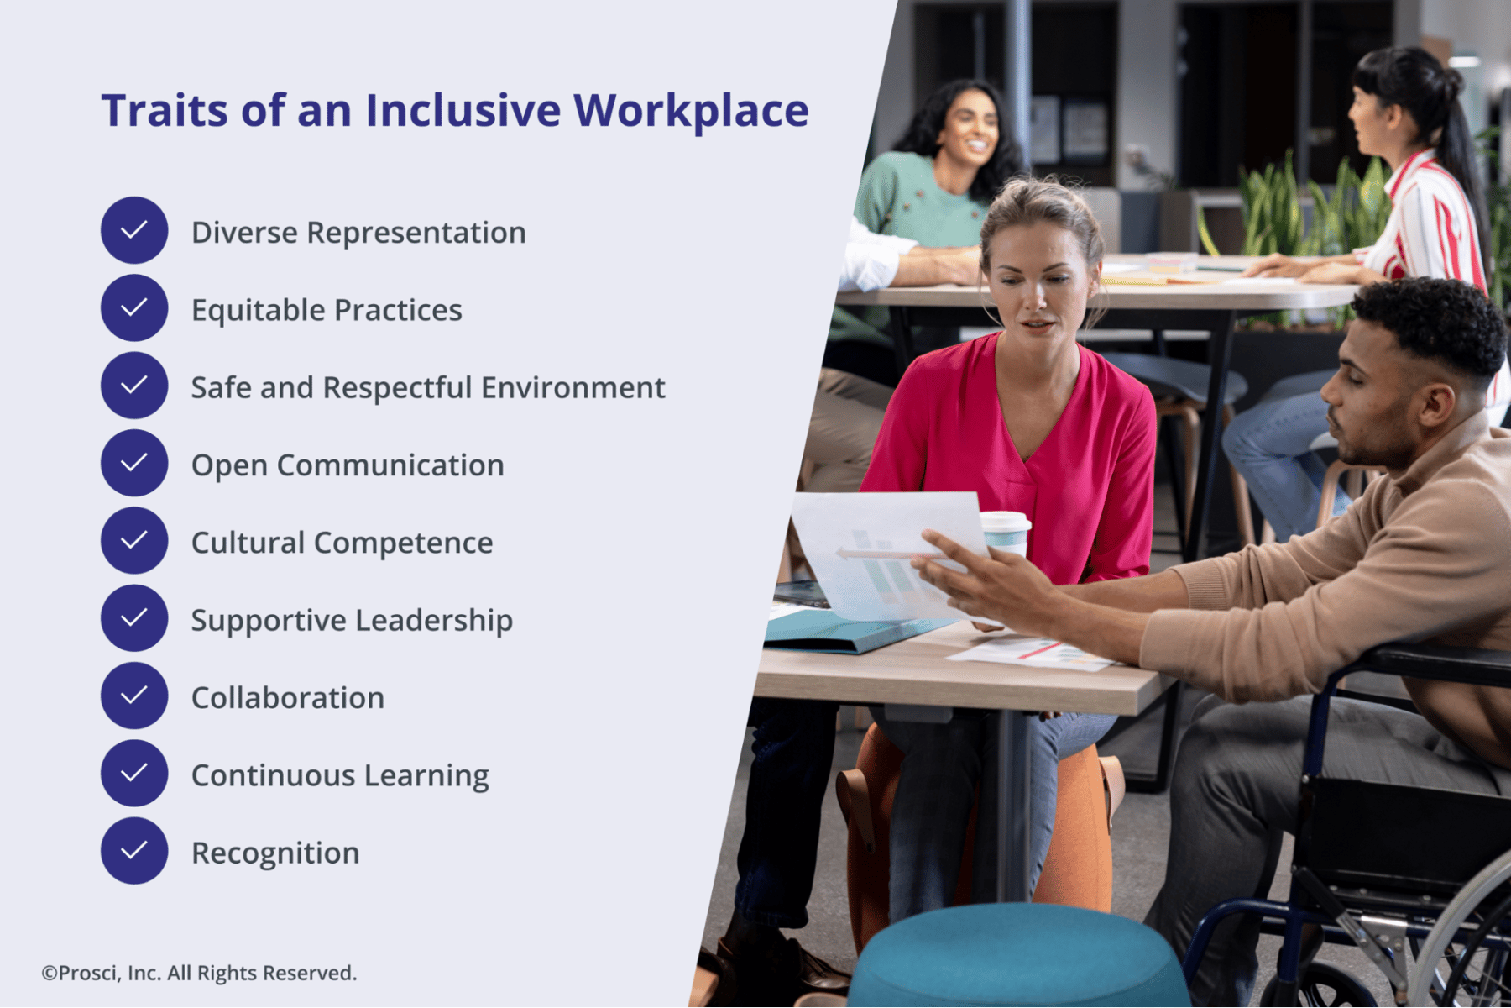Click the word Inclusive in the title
click(x=463, y=110)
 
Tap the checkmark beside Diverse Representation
click(x=134, y=230)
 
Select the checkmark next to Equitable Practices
click(x=134, y=307)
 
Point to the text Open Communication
click(x=348, y=465)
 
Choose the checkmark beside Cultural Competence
click(x=134, y=540)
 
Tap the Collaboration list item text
click(x=288, y=698)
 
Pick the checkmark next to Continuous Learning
click(x=134, y=773)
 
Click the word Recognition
click(x=275, y=853)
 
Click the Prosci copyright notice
click(x=200, y=973)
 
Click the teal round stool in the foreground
click(x=1016, y=958)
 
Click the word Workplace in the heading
click(x=691, y=110)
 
